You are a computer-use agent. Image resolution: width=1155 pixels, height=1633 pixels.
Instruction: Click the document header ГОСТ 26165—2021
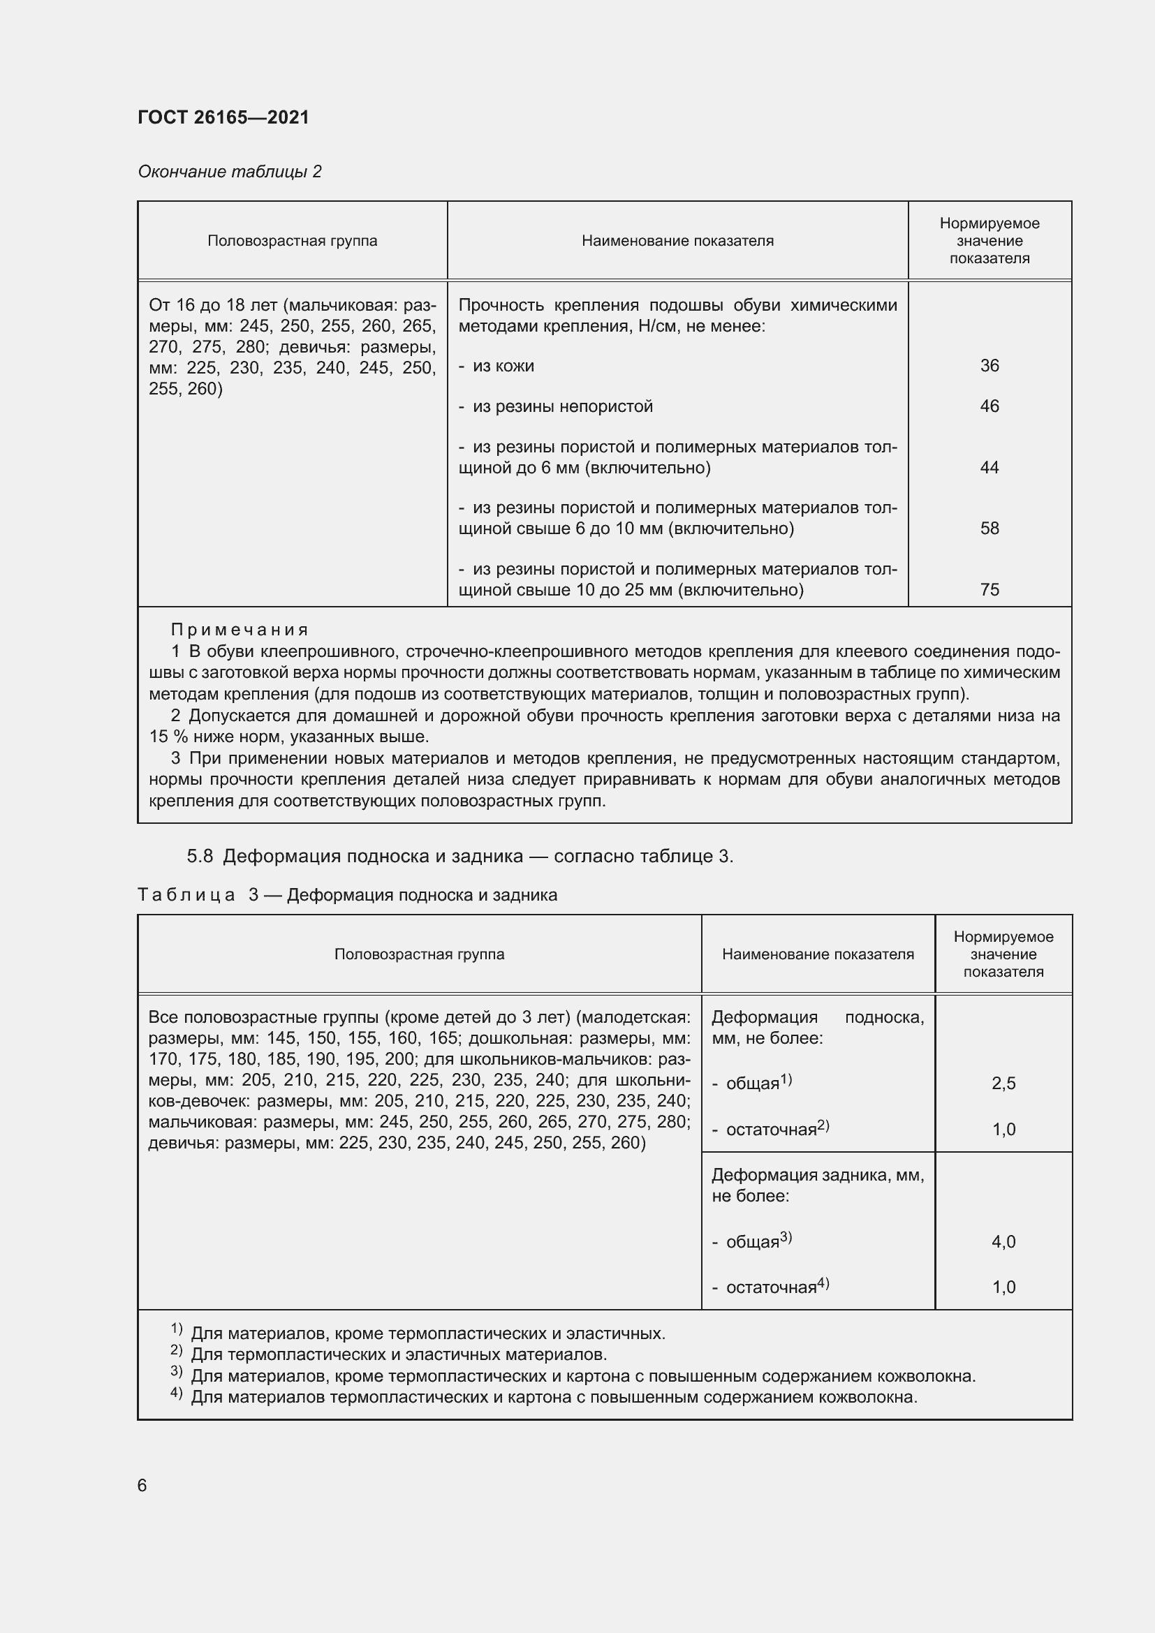223,117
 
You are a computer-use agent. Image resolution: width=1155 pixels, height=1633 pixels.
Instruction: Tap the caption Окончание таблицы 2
229,172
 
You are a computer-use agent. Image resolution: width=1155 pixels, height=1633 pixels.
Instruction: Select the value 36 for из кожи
990,366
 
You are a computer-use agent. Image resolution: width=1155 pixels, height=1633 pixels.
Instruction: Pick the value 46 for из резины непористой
990,406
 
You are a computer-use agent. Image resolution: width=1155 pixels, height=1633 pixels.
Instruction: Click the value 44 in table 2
990,467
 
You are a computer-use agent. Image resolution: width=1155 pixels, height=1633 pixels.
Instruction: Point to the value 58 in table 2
990,529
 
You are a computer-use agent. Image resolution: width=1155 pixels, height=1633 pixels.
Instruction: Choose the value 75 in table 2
990,590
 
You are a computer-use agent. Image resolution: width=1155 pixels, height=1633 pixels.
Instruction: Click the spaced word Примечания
240,630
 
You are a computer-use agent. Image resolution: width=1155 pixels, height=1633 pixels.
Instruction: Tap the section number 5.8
200,857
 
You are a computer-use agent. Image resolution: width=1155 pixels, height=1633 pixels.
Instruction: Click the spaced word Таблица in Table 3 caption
186,896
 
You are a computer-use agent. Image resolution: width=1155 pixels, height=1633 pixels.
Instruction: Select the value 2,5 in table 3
1003,1084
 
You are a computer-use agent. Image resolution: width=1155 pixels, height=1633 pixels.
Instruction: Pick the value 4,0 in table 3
1003,1242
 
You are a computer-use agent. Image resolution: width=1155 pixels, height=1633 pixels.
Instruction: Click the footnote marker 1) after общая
786,1079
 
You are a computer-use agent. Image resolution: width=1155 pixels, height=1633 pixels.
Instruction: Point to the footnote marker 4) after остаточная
823,1283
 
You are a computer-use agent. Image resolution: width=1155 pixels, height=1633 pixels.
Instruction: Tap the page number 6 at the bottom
142,1486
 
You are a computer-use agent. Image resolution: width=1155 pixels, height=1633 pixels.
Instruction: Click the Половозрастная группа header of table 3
419,954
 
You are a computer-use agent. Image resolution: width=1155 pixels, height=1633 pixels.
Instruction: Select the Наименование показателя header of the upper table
677,241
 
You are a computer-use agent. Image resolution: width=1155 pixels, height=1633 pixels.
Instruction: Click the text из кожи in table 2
503,367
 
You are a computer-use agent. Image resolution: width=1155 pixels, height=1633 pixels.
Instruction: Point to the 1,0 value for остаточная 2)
1003,1130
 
